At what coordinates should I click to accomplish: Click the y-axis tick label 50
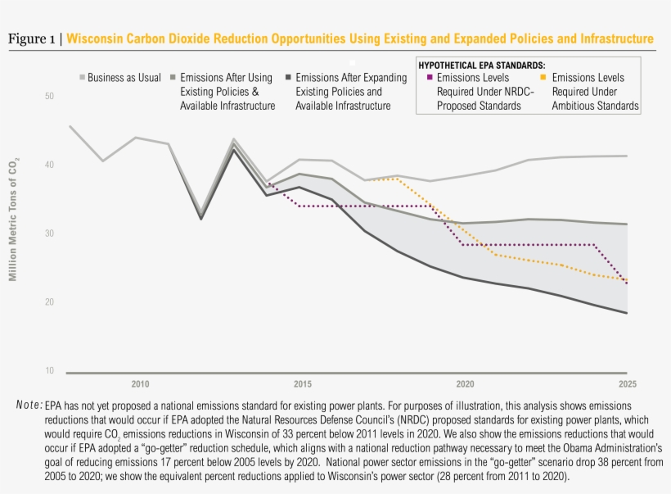click(x=49, y=97)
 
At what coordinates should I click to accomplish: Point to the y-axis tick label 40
click(x=49, y=165)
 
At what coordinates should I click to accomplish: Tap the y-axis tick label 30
click(x=49, y=233)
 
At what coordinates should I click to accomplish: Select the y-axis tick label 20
click(x=49, y=302)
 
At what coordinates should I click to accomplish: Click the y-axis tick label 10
click(x=49, y=371)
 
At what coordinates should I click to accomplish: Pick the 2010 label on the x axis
click(x=140, y=384)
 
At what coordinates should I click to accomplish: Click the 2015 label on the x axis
click(x=302, y=384)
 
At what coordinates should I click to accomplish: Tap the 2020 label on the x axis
click(x=465, y=384)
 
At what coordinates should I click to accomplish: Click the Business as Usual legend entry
click(x=124, y=78)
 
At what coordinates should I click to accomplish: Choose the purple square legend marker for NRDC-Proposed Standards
click(x=430, y=78)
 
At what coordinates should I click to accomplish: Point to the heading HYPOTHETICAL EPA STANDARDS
click(x=482, y=64)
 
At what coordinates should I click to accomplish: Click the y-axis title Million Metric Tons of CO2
click(x=13, y=217)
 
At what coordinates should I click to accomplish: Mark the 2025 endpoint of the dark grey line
click(x=627, y=313)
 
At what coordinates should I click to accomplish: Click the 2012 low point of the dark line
click(x=201, y=219)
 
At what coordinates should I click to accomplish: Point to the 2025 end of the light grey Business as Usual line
click(x=627, y=156)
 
